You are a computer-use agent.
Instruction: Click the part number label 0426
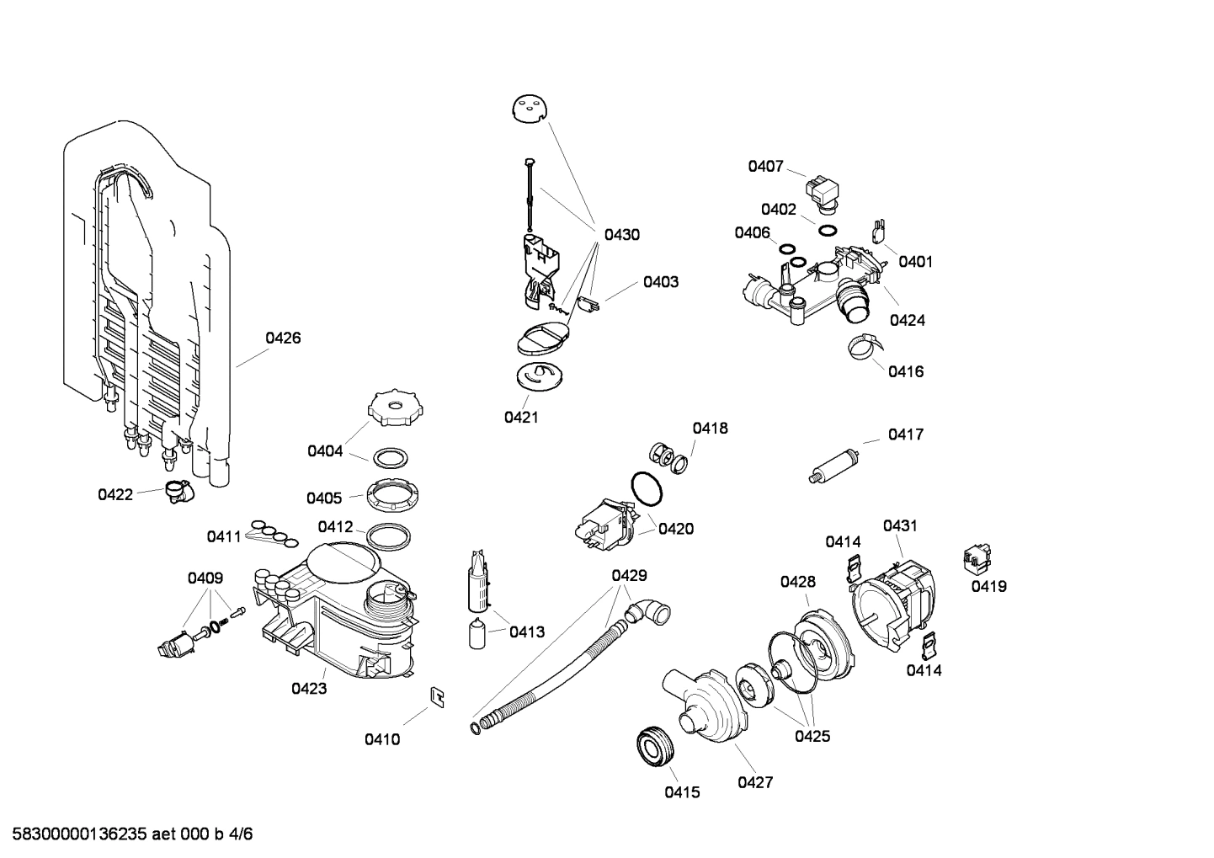[x=283, y=338]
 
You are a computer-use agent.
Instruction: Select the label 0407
[x=765, y=167]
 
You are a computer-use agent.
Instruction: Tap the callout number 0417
[x=905, y=434]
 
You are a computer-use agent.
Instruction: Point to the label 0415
[x=681, y=792]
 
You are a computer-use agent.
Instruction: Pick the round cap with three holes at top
[x=529, y=109]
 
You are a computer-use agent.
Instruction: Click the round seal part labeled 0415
[x=654, y=745]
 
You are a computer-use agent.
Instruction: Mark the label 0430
[x=621, y=235]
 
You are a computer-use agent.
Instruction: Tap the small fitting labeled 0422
[x=178, y=490]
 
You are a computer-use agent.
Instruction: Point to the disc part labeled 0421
[x=538, y=375]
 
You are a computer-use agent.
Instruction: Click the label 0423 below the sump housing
[x=309, y=688]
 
